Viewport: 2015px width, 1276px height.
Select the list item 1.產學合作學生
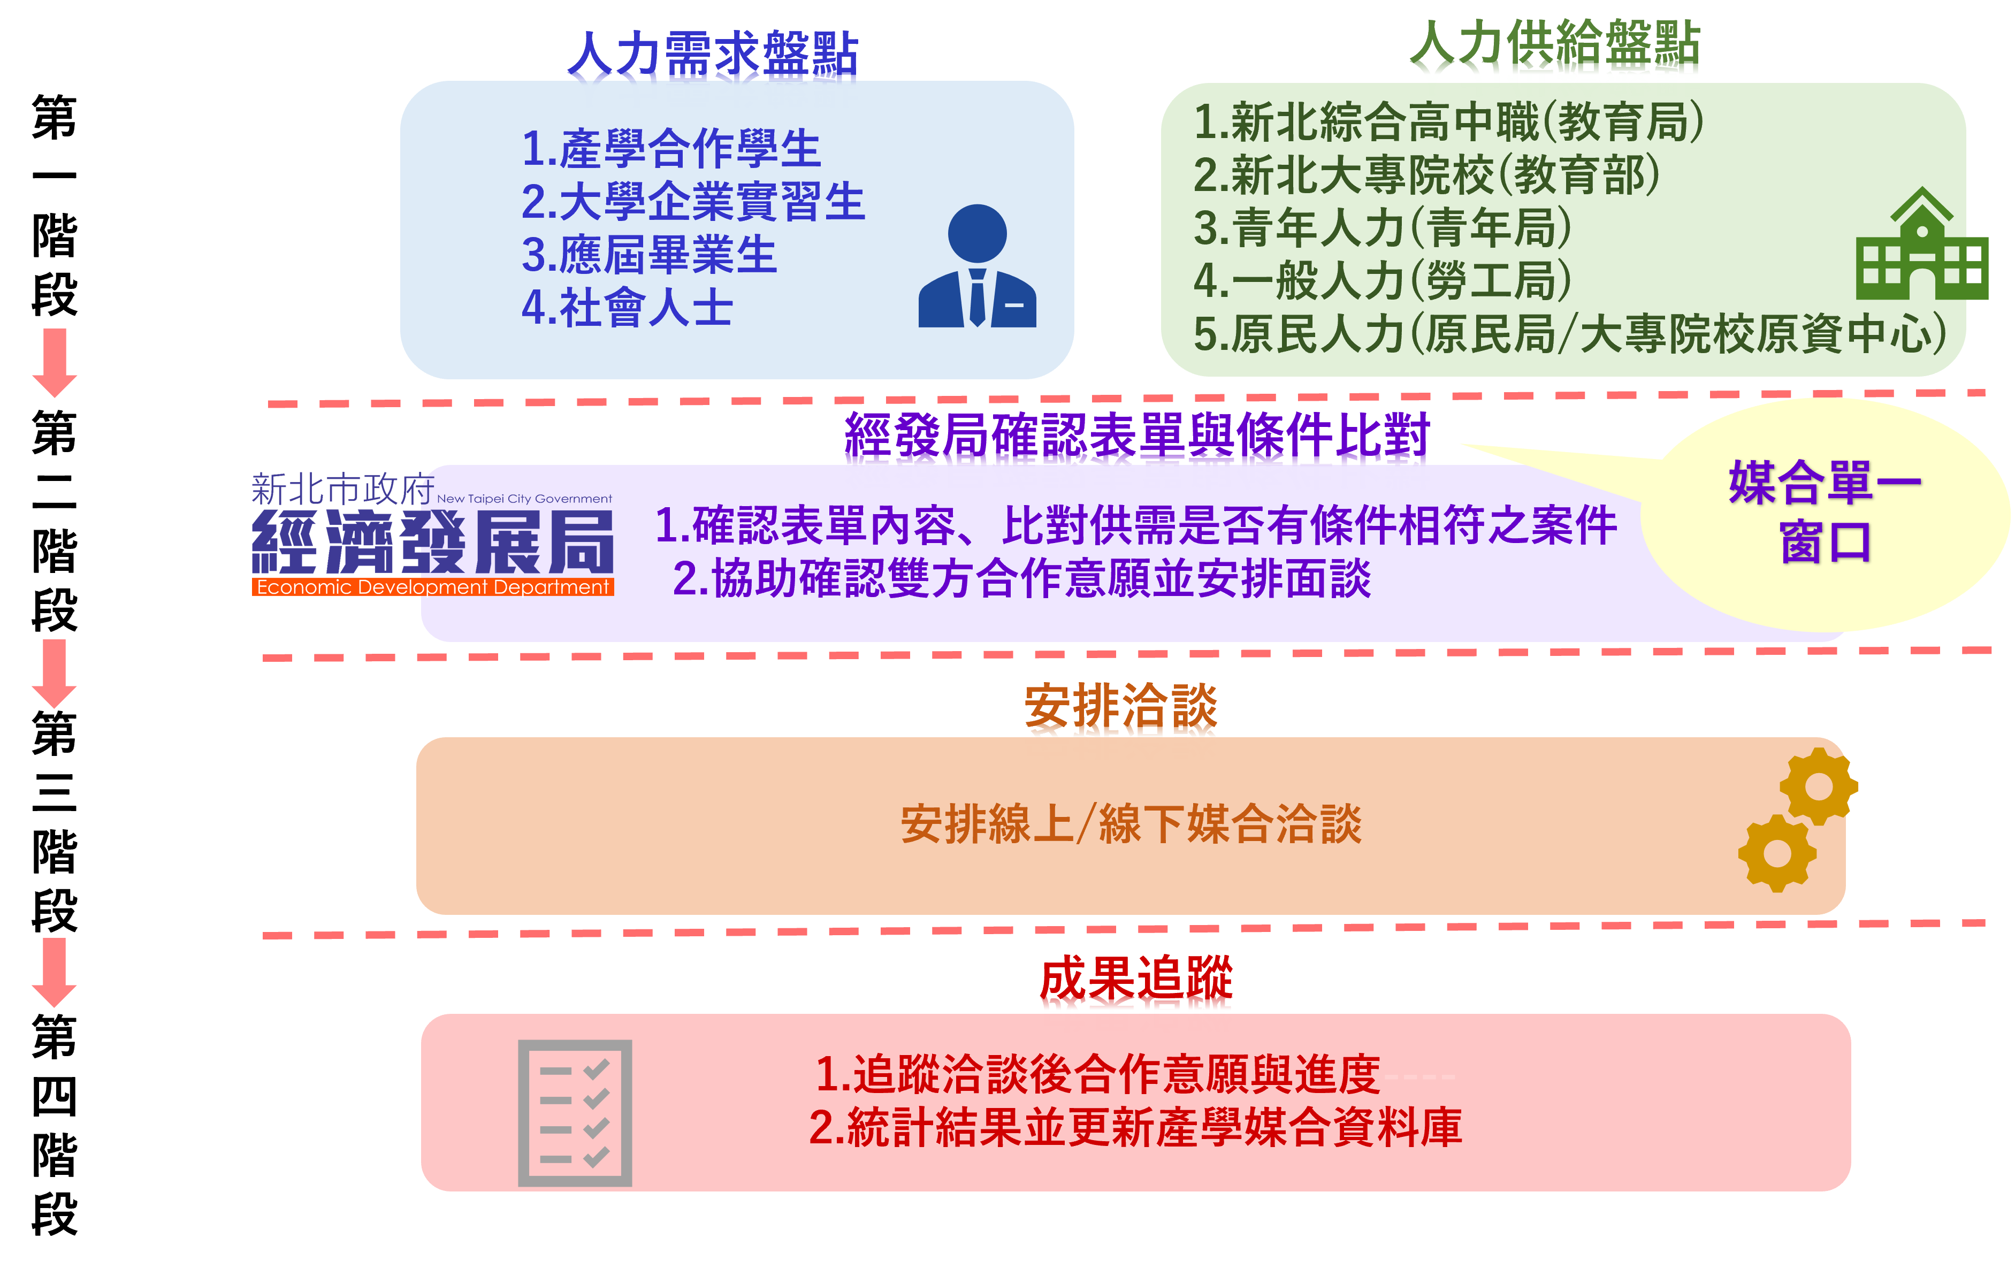tap(670, 149)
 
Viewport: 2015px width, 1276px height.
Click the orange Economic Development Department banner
tap(433, 587)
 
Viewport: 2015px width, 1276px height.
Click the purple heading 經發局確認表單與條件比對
tap(1136, 439)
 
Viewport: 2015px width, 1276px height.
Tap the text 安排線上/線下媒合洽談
tap(1131, 824)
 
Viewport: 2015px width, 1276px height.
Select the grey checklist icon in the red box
tap(575, 1113)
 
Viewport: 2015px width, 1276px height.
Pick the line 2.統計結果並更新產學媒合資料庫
tap(1135, 1127)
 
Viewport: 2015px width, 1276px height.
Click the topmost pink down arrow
tap(55, 362)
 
